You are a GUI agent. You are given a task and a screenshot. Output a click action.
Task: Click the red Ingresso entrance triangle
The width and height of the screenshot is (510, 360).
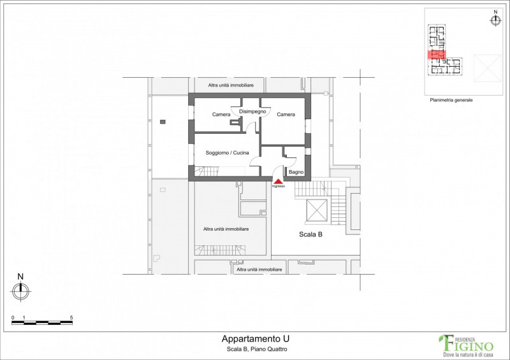click(278, 182)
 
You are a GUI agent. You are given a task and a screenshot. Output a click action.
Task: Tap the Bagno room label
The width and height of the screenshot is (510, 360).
click(296, 172)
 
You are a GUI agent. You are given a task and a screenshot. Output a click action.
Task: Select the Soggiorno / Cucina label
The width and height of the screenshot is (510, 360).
click(228, 153)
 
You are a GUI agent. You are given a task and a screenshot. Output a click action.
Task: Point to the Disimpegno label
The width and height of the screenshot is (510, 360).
click(252, 112)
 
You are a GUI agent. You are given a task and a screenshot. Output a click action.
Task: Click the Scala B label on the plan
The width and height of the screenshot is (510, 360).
click(310, 234)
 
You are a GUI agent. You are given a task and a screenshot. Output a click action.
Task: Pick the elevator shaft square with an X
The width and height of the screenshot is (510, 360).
click(316, 210)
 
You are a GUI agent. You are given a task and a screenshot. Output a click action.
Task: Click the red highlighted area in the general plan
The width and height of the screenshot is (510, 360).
click(436, 55)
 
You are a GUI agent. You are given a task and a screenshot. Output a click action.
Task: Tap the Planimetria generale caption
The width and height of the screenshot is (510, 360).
click(451, 100)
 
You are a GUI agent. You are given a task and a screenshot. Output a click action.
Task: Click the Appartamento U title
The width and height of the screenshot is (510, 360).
click(256, 339)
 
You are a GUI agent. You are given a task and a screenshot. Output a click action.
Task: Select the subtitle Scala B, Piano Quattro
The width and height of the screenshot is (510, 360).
click(257, 349)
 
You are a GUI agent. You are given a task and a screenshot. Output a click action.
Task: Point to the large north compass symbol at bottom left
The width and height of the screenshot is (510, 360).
click(21, 291)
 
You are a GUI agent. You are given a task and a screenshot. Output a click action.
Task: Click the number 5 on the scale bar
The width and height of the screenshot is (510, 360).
click(71, 318)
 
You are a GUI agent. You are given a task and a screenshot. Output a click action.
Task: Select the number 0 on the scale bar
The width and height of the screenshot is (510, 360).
click(13, 318)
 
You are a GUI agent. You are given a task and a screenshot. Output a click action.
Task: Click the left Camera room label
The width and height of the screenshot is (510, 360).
click(221, 115)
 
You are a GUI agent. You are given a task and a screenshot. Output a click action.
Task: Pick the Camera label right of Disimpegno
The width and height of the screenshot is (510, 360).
click(286, 115)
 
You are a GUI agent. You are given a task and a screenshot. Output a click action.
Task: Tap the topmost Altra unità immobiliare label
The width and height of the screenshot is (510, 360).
click(231, 85)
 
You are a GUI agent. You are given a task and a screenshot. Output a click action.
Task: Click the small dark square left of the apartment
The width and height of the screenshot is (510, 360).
click(163, 122)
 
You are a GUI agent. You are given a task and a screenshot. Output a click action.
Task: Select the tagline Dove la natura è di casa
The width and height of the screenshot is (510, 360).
click(469, 354)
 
